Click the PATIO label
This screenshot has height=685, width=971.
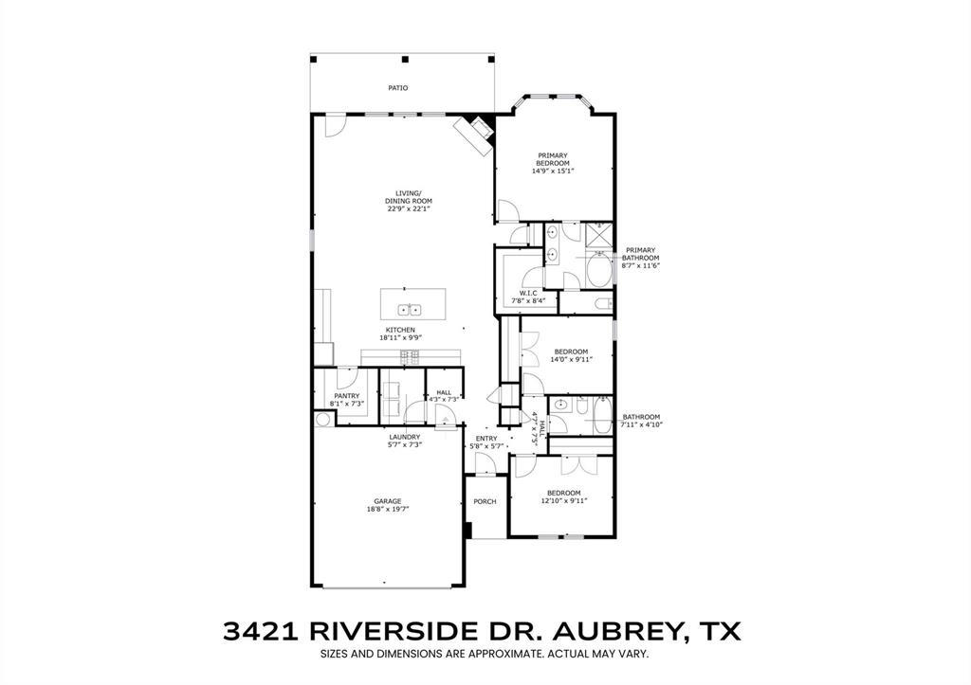click(x=398, y=87)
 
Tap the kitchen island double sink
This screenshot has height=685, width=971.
click(x=410, y=309)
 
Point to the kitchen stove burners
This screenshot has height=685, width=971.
click(x=411, y=356)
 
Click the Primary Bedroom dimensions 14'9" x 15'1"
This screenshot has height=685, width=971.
click(x=553, y=171)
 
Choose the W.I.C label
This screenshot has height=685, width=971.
click(x=528, y=293)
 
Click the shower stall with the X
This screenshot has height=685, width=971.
click(x=599, y=236)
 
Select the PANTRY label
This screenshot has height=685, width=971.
click(x=346, y=396)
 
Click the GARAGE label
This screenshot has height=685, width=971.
click(x=387, y=501)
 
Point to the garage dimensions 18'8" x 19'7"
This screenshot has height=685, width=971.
click(x=387, y=510)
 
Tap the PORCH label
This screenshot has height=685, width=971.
click(x=485, y=501)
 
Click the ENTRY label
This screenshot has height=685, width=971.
click(x=486, y=438)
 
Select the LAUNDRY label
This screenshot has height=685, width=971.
click(x=404, y=437)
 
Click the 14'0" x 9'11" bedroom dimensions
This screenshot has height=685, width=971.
click(x=572, y=360)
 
